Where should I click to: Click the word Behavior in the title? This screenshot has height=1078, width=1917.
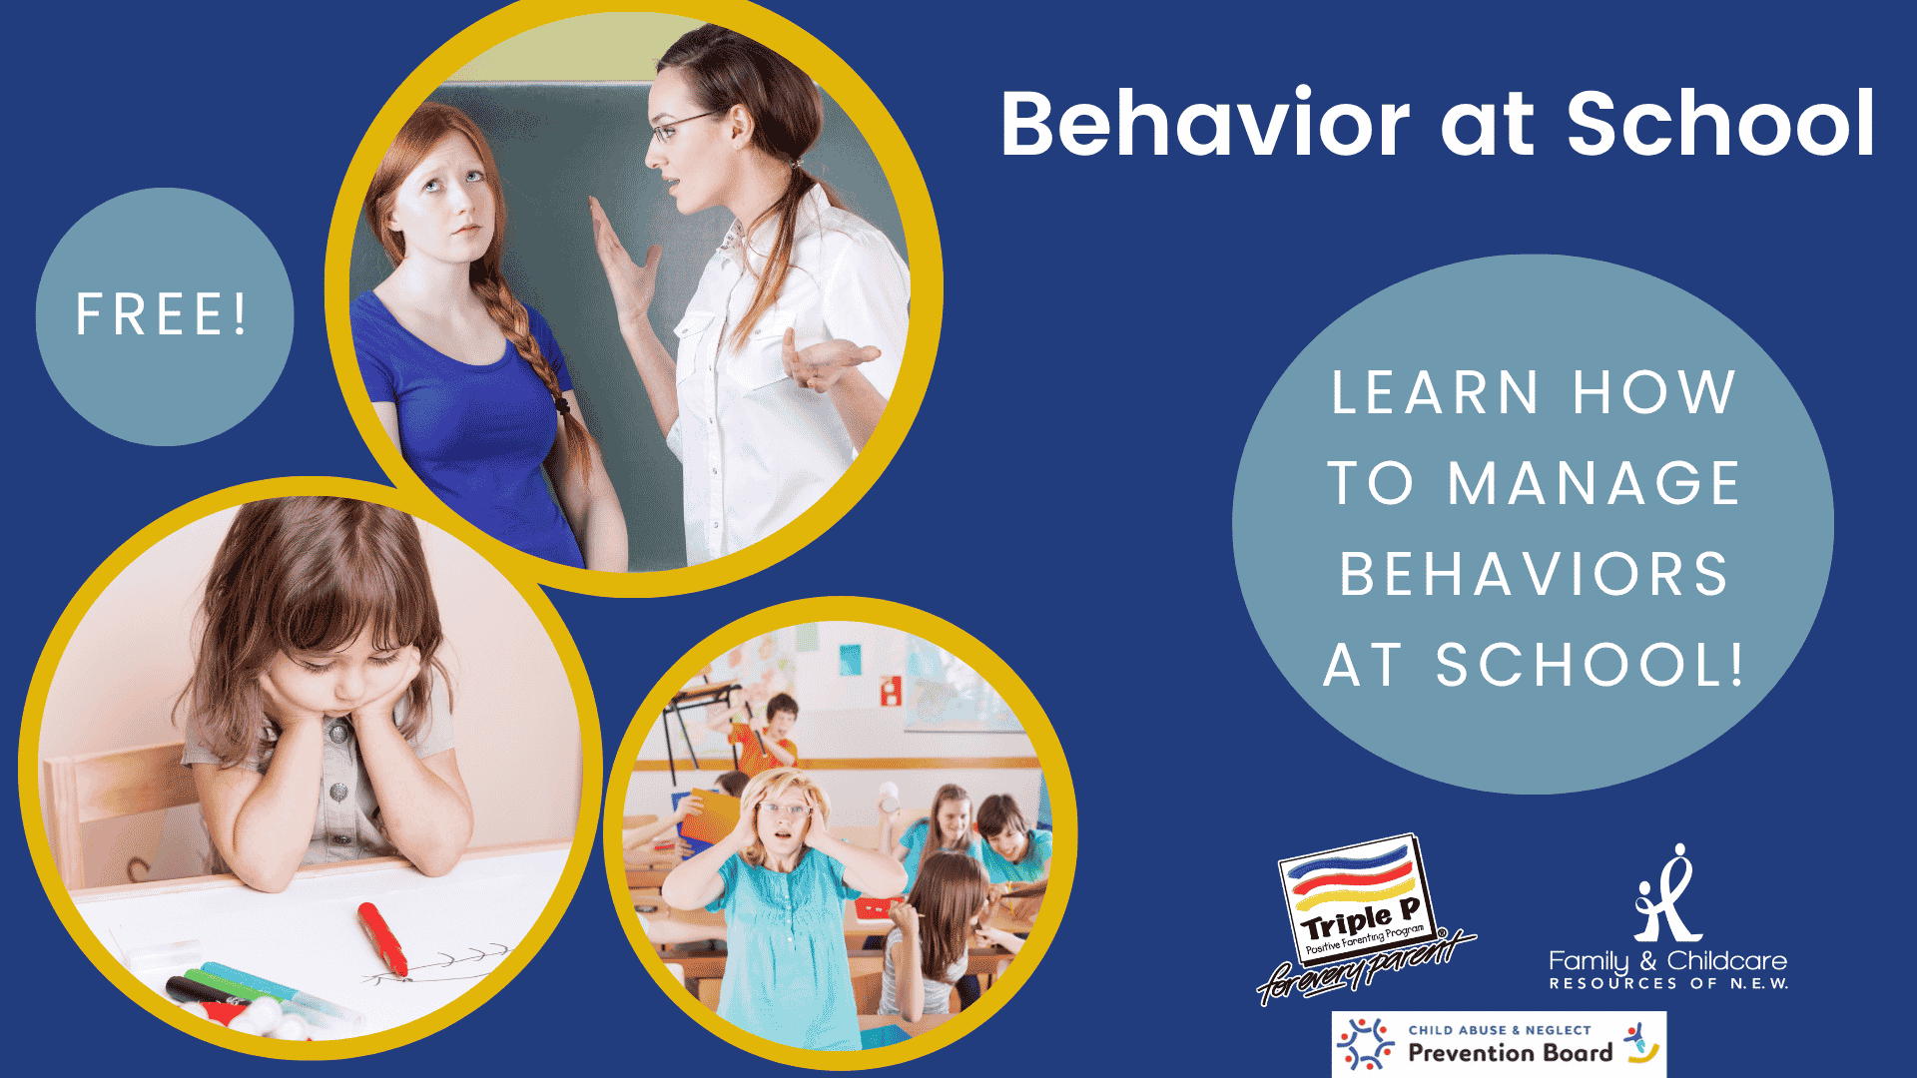tap(1205, 124)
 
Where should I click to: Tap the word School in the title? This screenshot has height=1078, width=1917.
tap(1720, 124)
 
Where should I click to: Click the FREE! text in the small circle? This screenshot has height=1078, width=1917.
tap(162, 314)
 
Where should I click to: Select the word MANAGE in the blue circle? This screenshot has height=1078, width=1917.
tap(1595, 483)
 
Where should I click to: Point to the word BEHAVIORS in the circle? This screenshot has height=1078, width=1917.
tap(1534, 574)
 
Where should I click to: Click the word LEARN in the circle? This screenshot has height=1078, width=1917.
tap(1435, 392)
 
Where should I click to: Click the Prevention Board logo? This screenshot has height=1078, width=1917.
tap(1499, 1044)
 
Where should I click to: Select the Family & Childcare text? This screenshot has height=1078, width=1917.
tap(1667, 961)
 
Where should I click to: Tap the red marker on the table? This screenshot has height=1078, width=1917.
tap(382, 938)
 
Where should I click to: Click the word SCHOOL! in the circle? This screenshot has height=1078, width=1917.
tap(1590, 665)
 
